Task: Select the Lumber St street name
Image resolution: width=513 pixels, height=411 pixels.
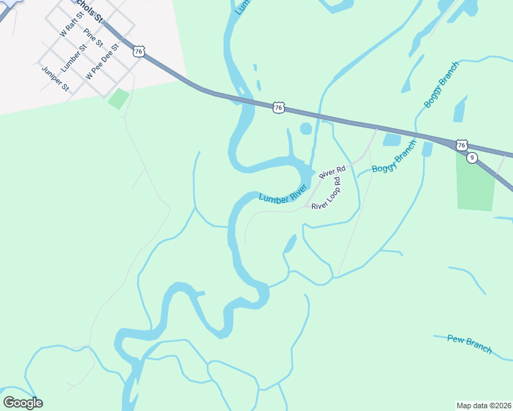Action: click(74, 58)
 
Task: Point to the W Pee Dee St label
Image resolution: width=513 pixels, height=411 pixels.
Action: click(102, 62)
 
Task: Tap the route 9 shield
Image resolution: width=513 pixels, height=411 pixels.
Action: click(472, 158)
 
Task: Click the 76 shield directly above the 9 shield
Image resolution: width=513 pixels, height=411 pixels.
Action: click(462, 145)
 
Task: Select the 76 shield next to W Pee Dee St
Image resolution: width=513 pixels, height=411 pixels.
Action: click(139, 51)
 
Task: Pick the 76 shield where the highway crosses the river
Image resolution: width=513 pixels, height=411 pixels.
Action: click(278, 108)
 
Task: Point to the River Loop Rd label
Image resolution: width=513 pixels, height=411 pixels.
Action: click(326, 194)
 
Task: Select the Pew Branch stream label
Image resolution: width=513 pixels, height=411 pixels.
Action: click(469, 343)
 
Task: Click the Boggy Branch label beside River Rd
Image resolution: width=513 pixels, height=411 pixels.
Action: click(394, 157)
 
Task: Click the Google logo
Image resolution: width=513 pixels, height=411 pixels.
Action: click(23, 402)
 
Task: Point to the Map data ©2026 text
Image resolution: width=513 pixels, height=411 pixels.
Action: click(484, 406)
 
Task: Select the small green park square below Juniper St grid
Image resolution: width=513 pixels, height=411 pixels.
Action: click(119, 99)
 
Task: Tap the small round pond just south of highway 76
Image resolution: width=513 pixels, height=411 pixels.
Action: click(306, 128)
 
